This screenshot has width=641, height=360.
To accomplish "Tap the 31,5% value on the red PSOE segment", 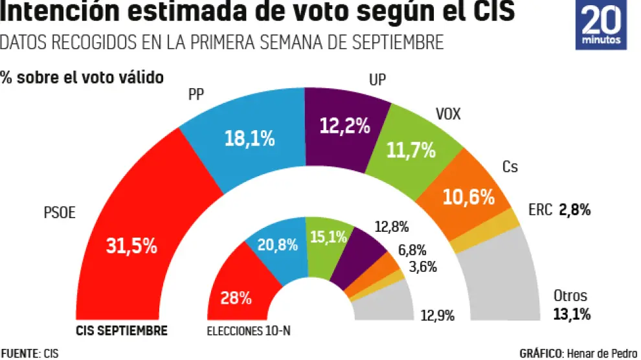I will pyautogui.click(x=131, y=246).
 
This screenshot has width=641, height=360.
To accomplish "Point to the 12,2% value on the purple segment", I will pyautogui.click(x=345, y=126).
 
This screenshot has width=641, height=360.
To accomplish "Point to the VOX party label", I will pyautogui.click(x=448, y=115).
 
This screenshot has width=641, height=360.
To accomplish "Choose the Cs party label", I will pyautogui.click(x=510, y=167).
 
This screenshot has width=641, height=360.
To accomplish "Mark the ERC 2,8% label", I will pyautogui.click(x=558, y=210).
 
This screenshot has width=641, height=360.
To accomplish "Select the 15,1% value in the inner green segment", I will pyautogui.click(x=329, y=238).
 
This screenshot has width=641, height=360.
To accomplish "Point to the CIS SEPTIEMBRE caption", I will pyautogui.click(x=122, y=331).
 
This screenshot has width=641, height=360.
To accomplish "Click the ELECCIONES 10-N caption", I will pyautogui.click(x=249, y=332).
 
